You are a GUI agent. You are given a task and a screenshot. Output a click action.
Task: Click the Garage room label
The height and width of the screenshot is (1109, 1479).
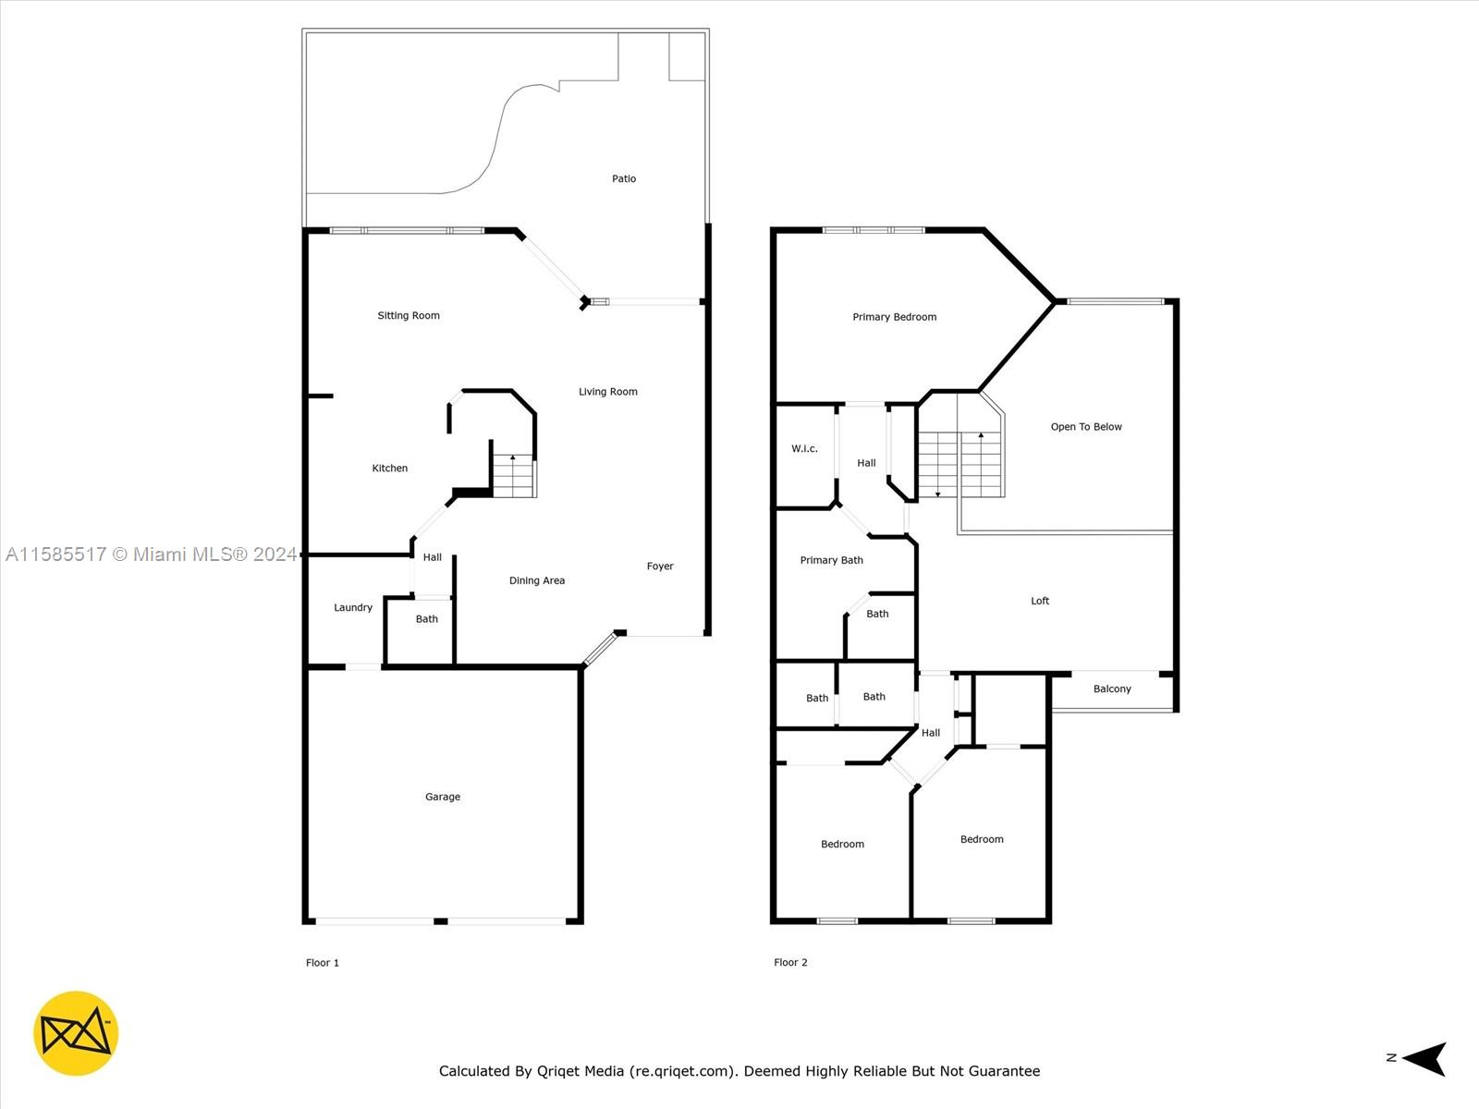(443, 797)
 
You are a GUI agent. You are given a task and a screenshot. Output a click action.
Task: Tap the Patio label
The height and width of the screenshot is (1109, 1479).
(624, 178)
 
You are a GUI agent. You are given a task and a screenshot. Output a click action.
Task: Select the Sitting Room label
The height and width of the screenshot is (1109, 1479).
(409, 316)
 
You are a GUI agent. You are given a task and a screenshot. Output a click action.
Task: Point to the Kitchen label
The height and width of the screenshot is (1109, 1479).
(389, 468)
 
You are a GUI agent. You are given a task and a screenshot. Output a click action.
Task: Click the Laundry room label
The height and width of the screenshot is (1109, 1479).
(353, 607)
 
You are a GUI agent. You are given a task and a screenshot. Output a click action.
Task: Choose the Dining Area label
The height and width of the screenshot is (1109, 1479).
(537, 580)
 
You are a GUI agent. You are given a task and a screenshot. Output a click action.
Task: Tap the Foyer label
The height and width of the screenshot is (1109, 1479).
(660, 567)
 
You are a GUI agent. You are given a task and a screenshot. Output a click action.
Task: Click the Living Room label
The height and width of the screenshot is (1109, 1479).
(607, 392)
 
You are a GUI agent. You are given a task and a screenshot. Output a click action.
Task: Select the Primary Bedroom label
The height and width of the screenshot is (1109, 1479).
(894, 317)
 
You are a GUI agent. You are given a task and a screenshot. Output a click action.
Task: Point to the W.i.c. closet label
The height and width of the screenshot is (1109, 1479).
(804, 448)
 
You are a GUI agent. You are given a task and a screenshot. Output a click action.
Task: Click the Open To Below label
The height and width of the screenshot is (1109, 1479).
(1086, 427)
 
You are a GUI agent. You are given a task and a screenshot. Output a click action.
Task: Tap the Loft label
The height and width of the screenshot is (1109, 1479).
(1040, 601)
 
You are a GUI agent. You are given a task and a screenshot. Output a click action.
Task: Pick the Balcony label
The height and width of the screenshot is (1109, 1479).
(1112, 689)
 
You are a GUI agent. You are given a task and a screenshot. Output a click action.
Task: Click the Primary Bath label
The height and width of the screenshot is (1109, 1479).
(831, 560)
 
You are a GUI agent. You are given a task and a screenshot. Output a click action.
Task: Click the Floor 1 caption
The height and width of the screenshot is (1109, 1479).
(322, 963)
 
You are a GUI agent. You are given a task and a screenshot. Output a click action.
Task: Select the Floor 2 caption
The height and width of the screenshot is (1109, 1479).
(790, 963)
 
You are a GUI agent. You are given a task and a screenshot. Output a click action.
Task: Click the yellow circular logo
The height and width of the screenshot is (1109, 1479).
(76, 1033)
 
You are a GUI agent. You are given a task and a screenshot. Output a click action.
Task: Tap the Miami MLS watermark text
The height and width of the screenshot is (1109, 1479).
(151, 554)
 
